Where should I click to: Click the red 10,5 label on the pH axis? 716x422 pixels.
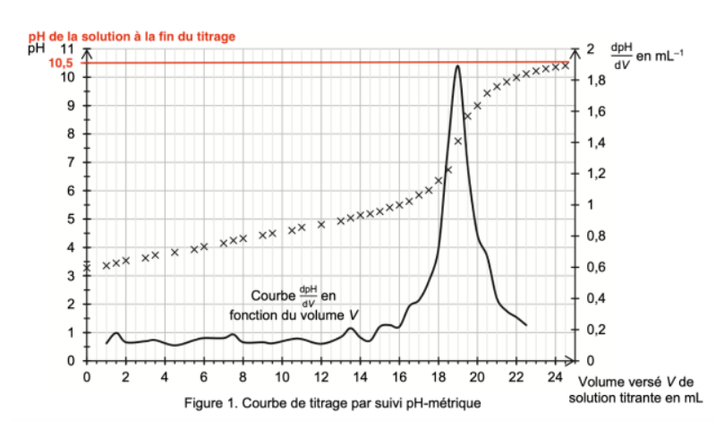[59, 63]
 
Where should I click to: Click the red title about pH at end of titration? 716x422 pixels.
[132, 36]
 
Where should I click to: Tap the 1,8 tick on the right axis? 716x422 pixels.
[592, 81]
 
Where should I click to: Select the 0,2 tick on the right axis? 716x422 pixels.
[592, 330]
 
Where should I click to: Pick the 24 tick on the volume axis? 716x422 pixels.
[556, 375]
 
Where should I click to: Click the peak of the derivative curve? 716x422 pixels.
[457, 65]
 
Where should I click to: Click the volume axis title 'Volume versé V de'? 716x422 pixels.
[636, 382]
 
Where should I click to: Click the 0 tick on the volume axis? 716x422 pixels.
[87, 375]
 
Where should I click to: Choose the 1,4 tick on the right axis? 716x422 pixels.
[592, 143]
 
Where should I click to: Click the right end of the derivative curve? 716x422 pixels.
[526, 324]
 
